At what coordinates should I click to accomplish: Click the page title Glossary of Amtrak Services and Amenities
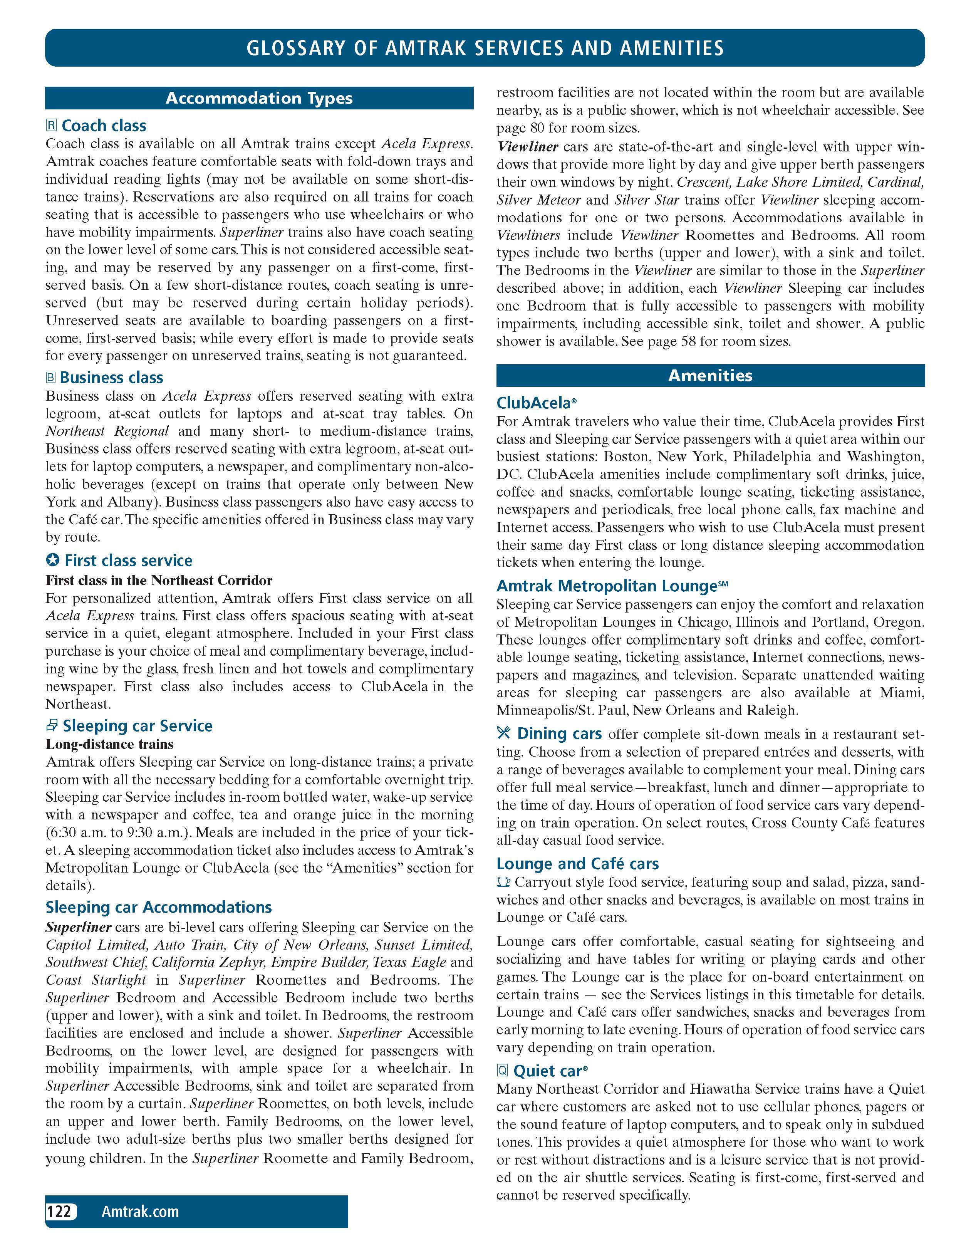click(x=485, y=48)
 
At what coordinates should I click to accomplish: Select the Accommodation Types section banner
click(x=259, y=98)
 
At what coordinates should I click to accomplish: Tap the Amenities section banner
click(x=710, y=376)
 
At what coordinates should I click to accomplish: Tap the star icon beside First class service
click(x=52, y=560)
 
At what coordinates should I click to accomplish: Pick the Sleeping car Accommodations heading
click(x=159, y=907)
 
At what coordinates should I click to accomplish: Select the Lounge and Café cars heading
click(x=577, y=864)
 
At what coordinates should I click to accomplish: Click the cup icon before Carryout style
click(x=504, y=882)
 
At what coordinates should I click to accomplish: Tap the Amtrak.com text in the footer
click(x=140, y=1212)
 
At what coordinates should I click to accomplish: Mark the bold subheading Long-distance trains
click(x=109, y=744)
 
